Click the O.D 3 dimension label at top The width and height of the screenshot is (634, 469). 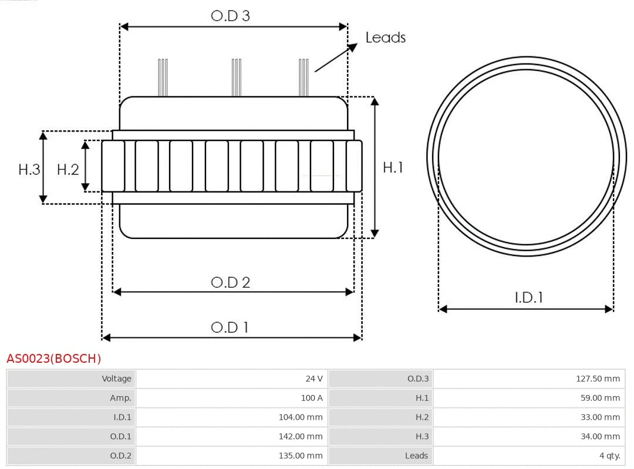pos(230,16)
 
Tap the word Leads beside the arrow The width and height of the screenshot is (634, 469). pos(385,38)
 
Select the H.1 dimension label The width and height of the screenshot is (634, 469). pos(393,167)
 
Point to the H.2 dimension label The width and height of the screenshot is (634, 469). pos(68,170)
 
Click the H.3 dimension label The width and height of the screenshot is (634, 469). pos(29,170)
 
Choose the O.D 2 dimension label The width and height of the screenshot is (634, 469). pos(230,282)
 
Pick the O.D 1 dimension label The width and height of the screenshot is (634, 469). pos(230,327)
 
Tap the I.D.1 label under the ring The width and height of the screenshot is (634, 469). pos(528,298)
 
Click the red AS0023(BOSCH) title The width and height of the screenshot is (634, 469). pos(53,359)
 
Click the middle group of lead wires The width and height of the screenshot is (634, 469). pos(236,77)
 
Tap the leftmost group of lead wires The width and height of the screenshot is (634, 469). pos(163,77)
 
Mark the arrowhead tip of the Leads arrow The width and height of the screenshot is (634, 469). pos(356,45)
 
